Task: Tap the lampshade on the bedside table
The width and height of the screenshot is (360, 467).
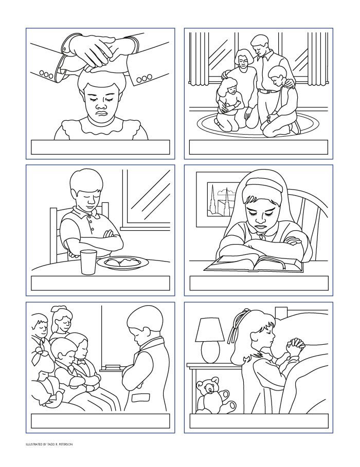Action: pyautogui.click(x=210, y=330)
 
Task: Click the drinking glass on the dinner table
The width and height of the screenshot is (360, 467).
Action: pyautogui.click(x=88, y=262)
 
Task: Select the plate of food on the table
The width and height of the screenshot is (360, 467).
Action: pyautogui.click(x=122, y=263)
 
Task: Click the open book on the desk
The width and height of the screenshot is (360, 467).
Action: pyautogui.click(x=254, y=265)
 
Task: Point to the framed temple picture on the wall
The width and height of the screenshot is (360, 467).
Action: pyautogui.click(x=221, y=199)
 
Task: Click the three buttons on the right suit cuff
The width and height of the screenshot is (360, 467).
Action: pyautogui.click(x=145, y=78)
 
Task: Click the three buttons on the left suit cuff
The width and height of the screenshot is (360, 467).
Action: pyautogui.click(x=46, y=74)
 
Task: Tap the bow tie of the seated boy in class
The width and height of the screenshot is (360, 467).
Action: pyautogui.click(x=81, y=362)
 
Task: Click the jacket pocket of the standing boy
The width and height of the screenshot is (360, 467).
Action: pyautogui.click(x=140, y=398)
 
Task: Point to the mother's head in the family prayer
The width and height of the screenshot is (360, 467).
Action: pyautogui.click(x=244, y=59)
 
